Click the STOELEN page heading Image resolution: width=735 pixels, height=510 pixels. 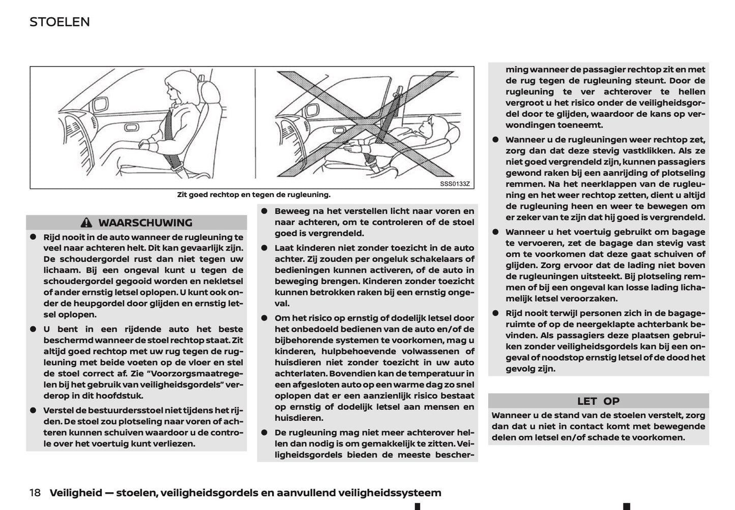60,22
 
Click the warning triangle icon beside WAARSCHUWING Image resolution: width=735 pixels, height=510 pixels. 86,222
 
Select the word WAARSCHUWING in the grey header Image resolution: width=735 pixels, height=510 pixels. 145,222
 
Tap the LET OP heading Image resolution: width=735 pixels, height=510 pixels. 598,401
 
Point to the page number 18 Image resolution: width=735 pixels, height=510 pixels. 35,493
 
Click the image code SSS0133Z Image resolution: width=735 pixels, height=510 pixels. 455,183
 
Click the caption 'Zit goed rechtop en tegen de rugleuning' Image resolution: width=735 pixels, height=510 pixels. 253,195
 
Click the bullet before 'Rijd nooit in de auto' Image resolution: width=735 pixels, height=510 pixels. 33,237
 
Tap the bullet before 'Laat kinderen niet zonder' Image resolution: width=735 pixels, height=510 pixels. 264,248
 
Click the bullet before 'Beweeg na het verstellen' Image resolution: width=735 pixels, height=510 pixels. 264,211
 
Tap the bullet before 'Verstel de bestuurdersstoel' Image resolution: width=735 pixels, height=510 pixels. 33,410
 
